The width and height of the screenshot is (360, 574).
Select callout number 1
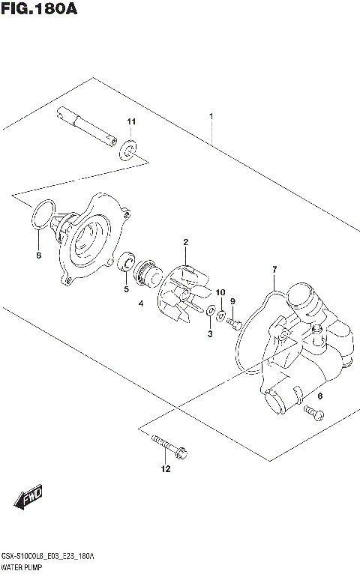[212, 116]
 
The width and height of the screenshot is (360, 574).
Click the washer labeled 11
[129, 153]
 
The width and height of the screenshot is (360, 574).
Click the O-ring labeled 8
[43, 212]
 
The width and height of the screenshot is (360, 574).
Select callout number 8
[40, 256]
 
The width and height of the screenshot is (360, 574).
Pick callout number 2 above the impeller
[184, 241]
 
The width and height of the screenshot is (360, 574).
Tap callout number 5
[127, 288]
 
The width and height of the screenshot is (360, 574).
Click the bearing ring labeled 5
[127, 264]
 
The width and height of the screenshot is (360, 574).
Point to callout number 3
[211, 333]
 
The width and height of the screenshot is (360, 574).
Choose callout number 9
[232, 301]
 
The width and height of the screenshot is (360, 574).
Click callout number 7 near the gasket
[274, 269]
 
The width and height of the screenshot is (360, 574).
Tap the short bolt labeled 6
[313, 412]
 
